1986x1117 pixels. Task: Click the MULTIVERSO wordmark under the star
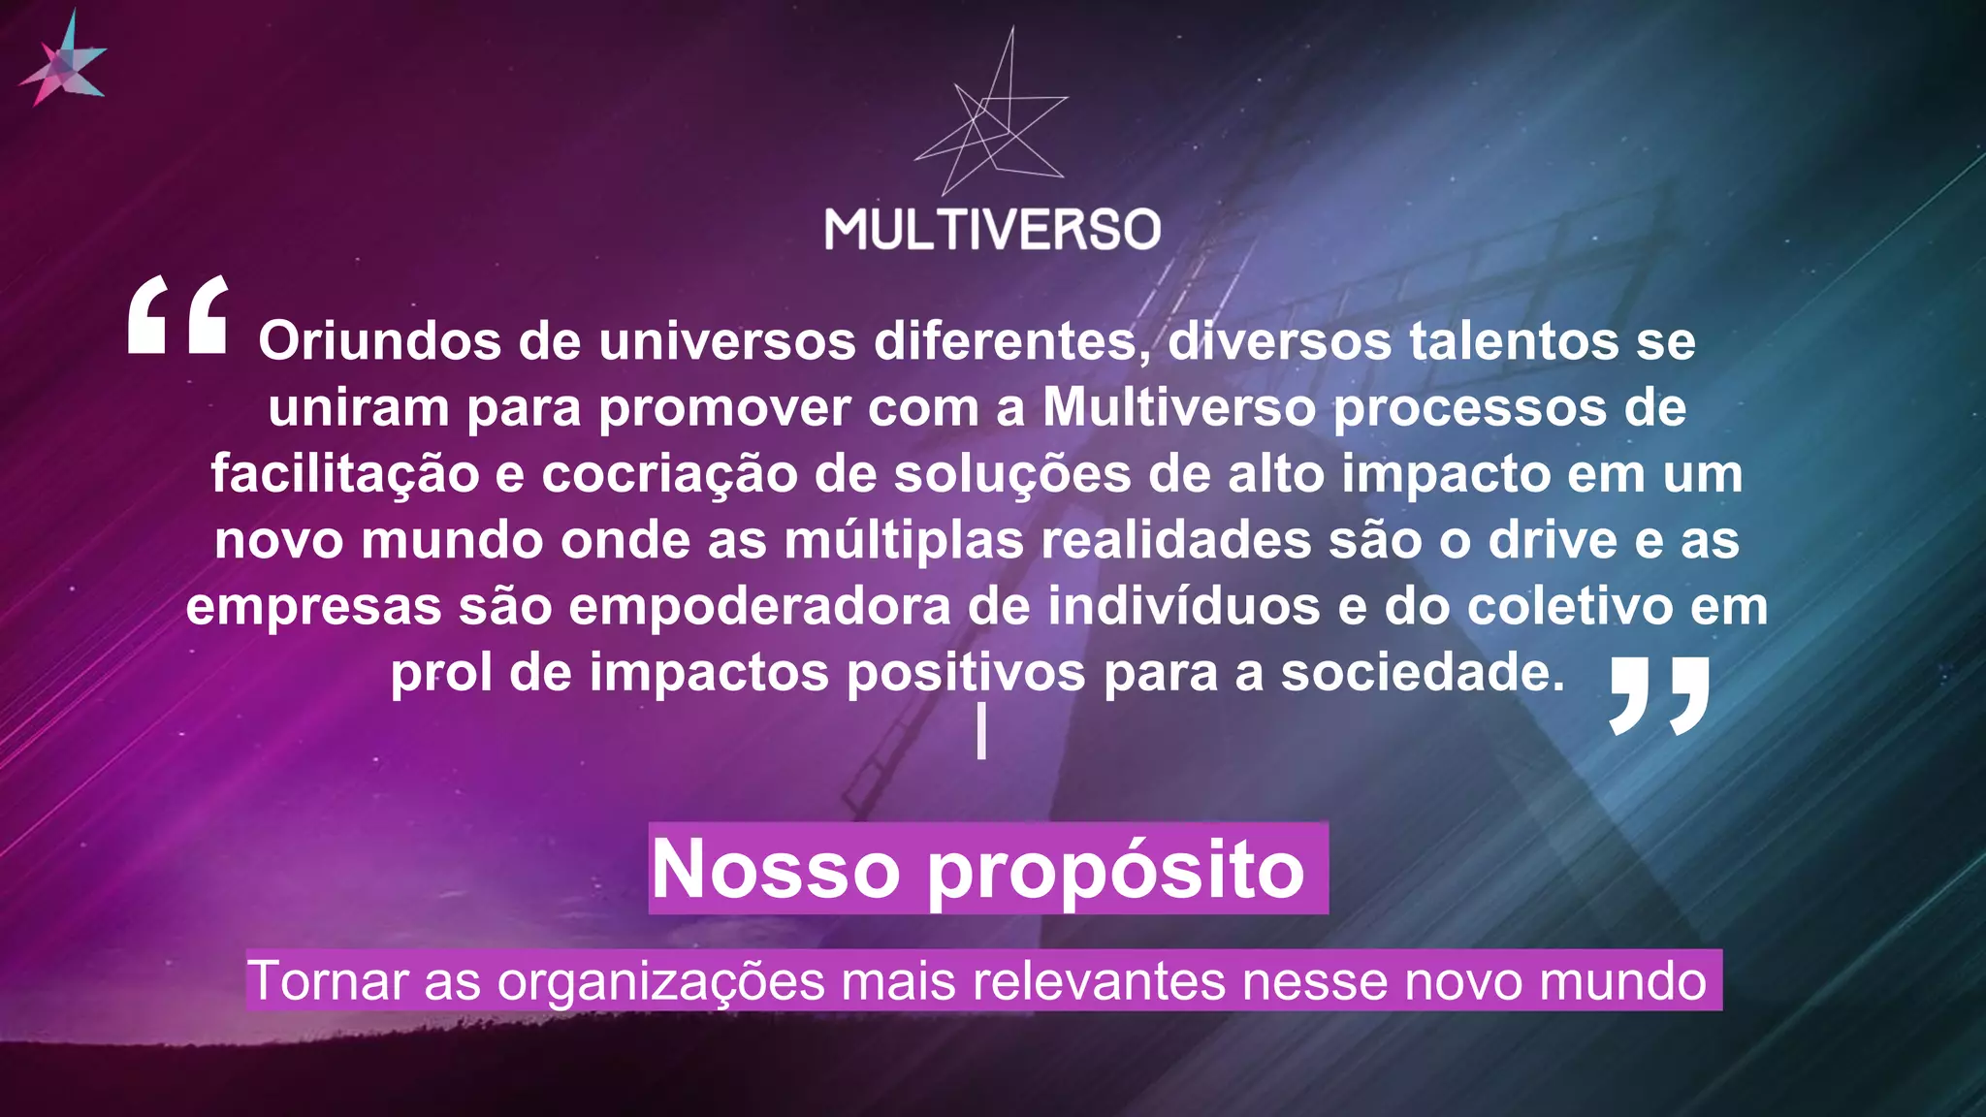tap(992, 230)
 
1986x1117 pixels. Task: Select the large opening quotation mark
tap(178, 315)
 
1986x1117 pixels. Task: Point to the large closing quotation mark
tap(1659, 695)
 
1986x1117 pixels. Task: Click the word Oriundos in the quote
tap(379, 341)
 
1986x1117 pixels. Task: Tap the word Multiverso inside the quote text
tap(1178, 407)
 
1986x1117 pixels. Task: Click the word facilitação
tap(345, 474)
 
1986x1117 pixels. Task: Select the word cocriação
tap(669, 474)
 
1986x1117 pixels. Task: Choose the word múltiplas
tap(904, 540)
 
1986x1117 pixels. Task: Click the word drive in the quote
tap(1553, 540)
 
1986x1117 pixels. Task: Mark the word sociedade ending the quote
tap(1422, 672)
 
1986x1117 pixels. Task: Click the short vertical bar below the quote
tap(981, 731)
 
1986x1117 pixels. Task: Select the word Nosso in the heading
tap(776, 869)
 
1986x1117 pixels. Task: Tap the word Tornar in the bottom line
tap(328, 980)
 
